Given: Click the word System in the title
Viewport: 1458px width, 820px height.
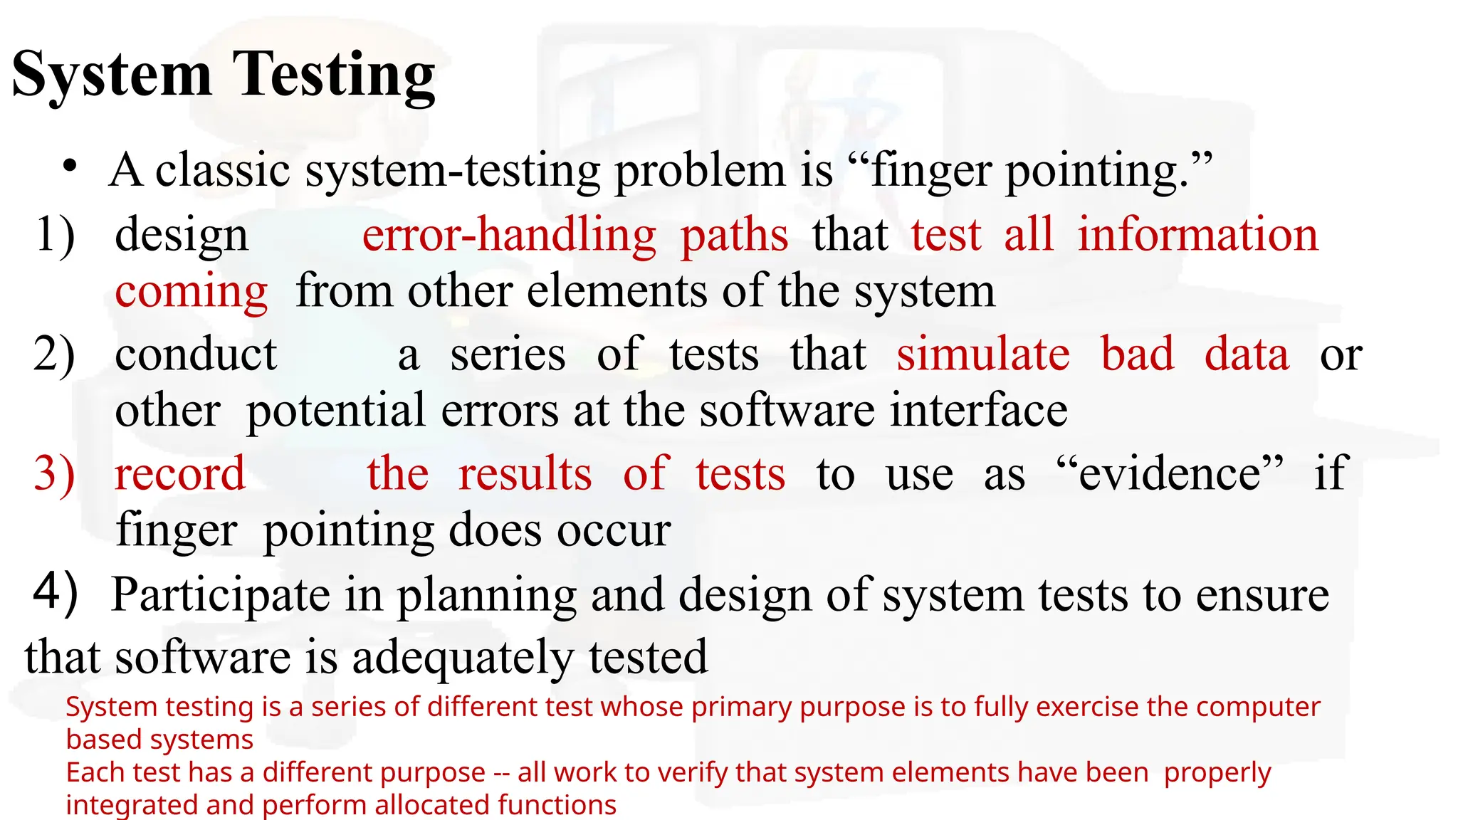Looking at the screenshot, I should [112, 75].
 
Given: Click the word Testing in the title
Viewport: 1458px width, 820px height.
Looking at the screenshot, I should [334, 75].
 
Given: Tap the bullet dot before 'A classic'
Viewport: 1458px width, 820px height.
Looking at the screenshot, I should [69, 167].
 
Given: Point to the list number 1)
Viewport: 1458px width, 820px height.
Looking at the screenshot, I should [55, 234].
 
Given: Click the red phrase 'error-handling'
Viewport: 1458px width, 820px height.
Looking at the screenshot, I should [509, 234].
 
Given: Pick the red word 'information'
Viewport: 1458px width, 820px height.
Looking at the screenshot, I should [1197, 234].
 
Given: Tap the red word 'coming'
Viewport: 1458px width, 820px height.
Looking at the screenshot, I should [191, 291].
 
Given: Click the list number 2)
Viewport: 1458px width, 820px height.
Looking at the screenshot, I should [54, 354].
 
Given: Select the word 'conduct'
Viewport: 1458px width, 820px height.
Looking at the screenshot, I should [196, 354].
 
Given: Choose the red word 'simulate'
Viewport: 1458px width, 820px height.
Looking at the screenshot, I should [982, 354].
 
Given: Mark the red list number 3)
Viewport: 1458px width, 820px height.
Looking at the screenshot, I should [54, 473].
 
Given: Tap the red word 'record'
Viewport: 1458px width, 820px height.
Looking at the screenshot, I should [179, 473].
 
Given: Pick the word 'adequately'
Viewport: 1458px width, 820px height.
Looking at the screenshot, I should [463, 657].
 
